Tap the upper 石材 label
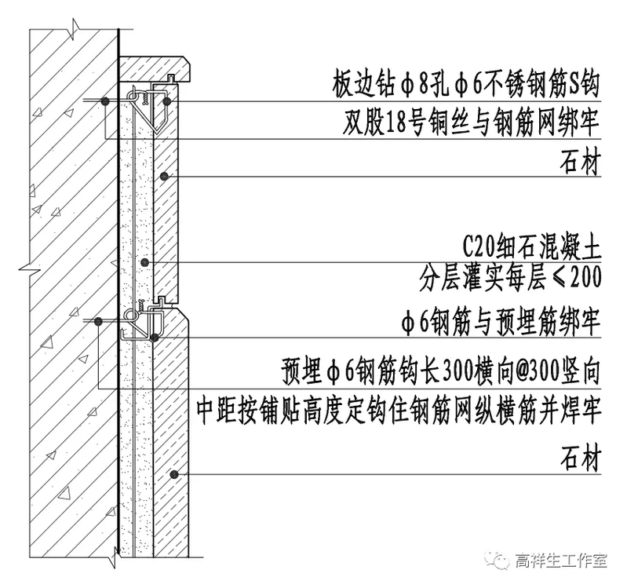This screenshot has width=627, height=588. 581,165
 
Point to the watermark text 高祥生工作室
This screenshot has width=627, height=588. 560,561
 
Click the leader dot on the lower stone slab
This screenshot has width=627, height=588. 173,474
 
